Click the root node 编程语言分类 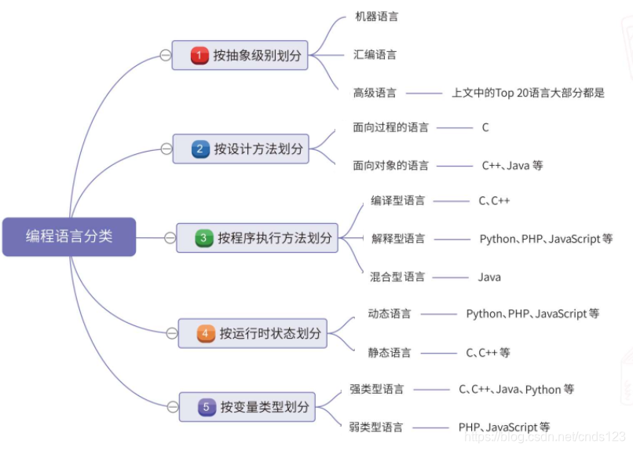click(x=69, y=236)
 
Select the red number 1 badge click(x=200, y=56)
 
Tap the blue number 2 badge click(x=201, y=148)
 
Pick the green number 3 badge click(x=204, y=238)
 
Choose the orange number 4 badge click(x=206, y=334)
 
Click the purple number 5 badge click(x=207, y=407)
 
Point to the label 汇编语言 click(x=375, y=55)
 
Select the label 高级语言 click(x=375, y=93)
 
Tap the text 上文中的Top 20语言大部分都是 click(x=528, y=93)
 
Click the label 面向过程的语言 click(x=390, y=127)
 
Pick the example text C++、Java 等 click(x=512, y=165)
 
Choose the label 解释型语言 click(x=398, y=238)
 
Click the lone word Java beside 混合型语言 click(x=489, y=277)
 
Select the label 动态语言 click(x=390, y=313)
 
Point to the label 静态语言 click(x=390, y=353)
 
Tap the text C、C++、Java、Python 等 click(x=516, y=389)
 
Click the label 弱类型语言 click(x=376, y=427)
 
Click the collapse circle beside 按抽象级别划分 click(x=165, y=56)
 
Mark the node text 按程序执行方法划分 click(x=275, y=238)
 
